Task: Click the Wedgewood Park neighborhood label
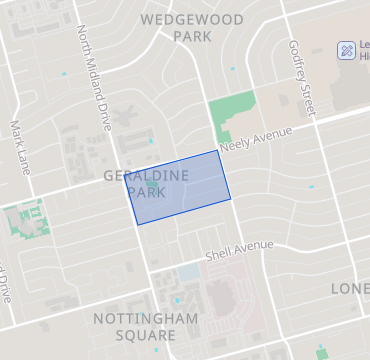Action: click(180, 27)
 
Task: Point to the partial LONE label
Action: click(350, 288)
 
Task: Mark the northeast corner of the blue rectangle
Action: click(218, 151)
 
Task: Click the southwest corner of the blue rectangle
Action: click(137, 224)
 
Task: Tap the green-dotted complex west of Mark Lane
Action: click(25, 220)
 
